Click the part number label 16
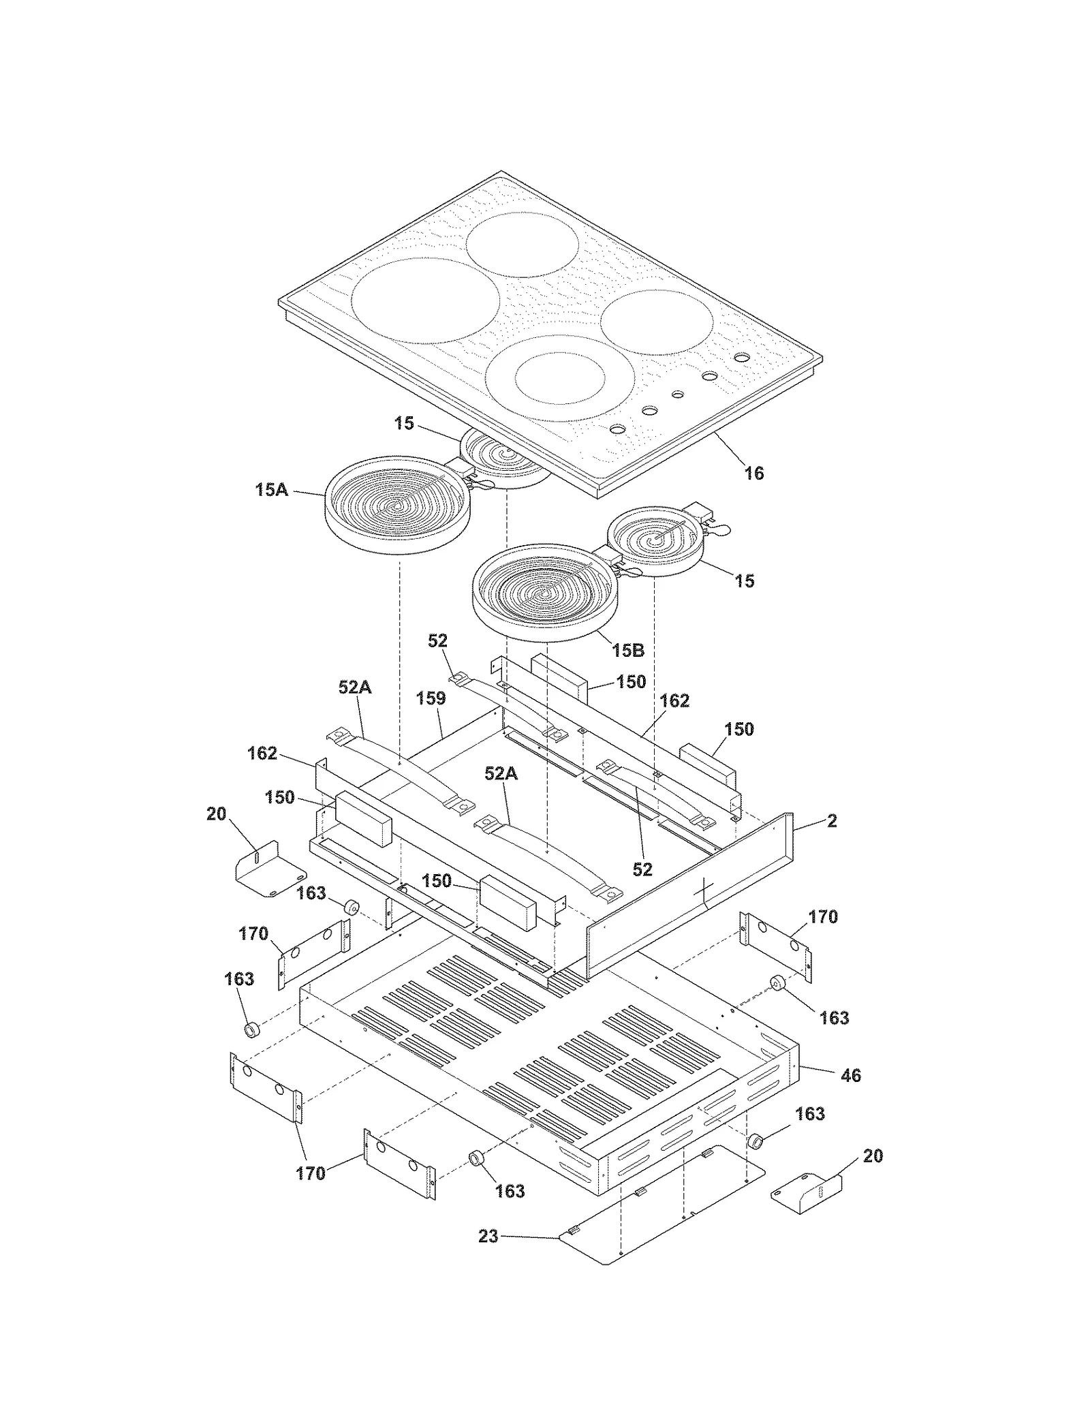pos(753,473)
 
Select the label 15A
pos(271,489)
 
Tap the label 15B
pos(627,650)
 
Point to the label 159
pos(431,698)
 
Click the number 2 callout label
pos(832,820)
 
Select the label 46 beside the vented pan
pos(851,1075)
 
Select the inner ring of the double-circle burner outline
pos(560,379)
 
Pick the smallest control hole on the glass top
pos(677,394)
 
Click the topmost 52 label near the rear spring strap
pos(437,640)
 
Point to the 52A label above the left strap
pos(354,687)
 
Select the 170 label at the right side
pos(823,916)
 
